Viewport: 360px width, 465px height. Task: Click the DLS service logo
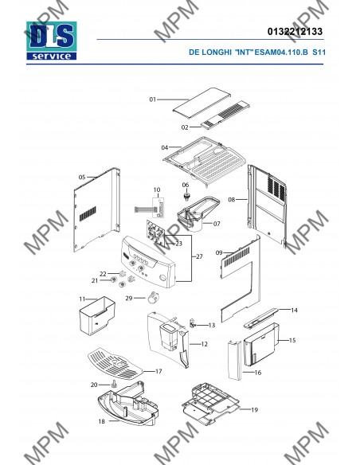pos(51,41)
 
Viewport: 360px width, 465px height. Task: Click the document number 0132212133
pos(295,31)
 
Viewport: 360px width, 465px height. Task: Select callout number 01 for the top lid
pos(152,100)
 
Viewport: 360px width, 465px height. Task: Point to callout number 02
pos(185,127)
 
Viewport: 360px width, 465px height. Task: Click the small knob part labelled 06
pos(186,196)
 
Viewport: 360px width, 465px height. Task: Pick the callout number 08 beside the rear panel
pos(232,200)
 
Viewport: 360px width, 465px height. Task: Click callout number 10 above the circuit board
pos(157,190)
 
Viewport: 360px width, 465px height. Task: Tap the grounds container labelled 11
pos(97,315)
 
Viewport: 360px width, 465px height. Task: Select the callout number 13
pos(211,325)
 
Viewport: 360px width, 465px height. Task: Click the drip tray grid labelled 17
pos(115,364)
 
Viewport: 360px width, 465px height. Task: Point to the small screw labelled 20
pos(114,384)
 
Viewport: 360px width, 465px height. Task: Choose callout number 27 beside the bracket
pos(200,256)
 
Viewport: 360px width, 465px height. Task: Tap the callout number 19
pos(254,410)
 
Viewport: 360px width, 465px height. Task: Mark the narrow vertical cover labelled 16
pos(235,360)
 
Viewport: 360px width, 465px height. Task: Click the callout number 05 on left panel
pos(82,178)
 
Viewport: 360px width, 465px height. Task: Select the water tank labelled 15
pos(261,344)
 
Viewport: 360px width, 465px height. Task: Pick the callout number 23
pos(179,244)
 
